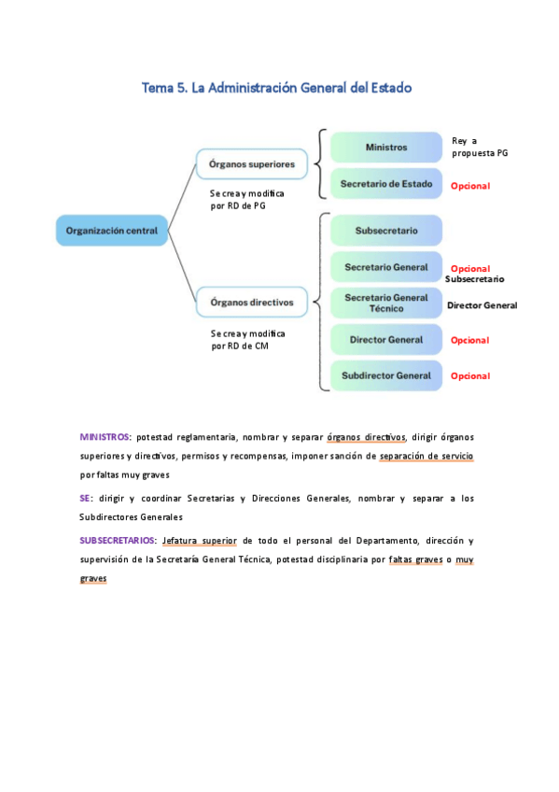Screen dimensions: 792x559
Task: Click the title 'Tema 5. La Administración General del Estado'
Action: (x=276, y=88)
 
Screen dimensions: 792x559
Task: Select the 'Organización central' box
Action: (x=111, y=230)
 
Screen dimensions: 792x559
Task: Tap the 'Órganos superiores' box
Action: (x=251, y=164)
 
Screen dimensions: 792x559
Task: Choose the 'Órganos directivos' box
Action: (x=251, y=302)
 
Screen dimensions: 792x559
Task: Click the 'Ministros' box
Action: (x=386, y=148)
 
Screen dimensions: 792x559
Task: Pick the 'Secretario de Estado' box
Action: (x=386, y=184)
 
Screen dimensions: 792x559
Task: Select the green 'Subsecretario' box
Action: (x=386, y=230)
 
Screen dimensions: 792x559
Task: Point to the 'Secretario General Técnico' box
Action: (x=386, y=303)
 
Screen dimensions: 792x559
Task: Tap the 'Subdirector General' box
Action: (x=386, y=375)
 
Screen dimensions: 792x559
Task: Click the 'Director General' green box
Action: (x=386, y=340)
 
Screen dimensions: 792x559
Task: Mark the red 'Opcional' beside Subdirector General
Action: (x=470, y=376)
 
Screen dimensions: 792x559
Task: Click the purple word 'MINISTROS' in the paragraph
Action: (x=105, y=436)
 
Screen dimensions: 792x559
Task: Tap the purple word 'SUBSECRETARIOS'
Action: (x=117, y=541)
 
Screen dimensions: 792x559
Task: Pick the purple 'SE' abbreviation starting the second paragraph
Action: (x=85, y=499)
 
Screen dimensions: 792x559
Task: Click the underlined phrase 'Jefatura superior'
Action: (x=198, y=541)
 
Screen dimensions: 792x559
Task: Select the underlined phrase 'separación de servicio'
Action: (x=426, y=456)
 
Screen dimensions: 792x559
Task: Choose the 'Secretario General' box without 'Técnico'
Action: (x=386, y=267)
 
